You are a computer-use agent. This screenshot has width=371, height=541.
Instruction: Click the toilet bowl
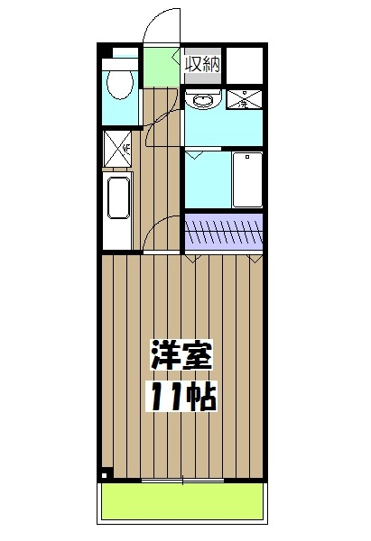click(x=118, y=85)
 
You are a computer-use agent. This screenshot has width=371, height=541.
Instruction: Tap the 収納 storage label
click(x=202, y=63)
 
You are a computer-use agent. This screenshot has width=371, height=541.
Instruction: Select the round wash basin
click(x=202, y=99)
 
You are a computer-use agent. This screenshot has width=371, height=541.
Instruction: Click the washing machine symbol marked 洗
click(x=245, y=100)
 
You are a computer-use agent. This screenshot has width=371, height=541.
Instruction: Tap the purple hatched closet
click(x=225, y=232)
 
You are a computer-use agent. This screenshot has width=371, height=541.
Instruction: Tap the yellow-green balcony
click(x=183, y=500)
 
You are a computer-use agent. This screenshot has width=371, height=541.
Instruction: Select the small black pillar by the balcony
click(x=105, y=474)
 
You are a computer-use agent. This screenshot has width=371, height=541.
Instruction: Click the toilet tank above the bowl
click(x=118, y=64)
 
